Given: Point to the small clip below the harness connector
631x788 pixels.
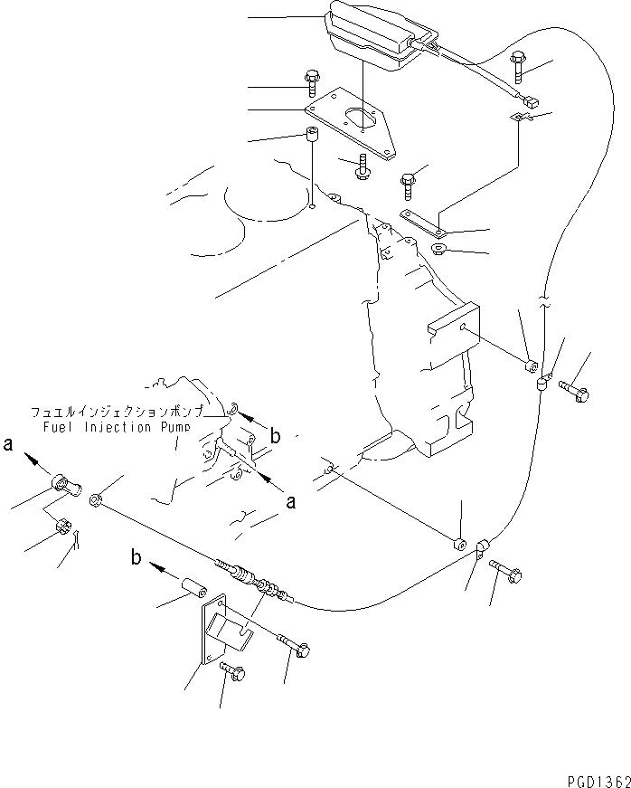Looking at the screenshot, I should point(520,117).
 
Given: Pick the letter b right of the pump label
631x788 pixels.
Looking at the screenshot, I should point(276,436).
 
